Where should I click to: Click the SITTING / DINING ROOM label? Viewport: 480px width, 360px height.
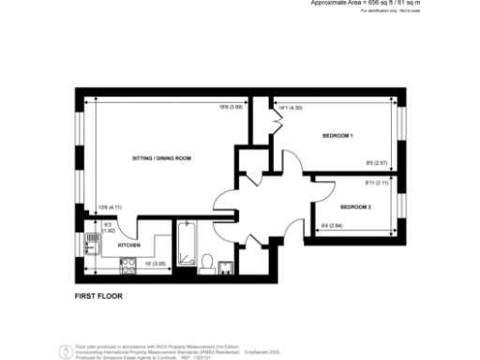pyautogui.click(x=161, y=158)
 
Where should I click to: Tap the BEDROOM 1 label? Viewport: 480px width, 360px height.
pyautogui.click(x=337, y=137)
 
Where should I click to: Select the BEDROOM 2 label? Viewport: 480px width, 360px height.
pyautogui.click(x=356, y=206)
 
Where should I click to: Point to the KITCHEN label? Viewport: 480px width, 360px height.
pyautogui.click(x=129, y=246)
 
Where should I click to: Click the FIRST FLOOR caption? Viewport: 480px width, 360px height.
pyautogui.click(x=98, y=295)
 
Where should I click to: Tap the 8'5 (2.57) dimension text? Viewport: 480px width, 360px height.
pyautogui.click(x=377, y=166)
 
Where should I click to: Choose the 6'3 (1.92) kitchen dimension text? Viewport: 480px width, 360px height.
pyautogui.click(x=108, y=226)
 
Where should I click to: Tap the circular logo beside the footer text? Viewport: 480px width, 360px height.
pyautogui.click(x=64, y=352)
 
